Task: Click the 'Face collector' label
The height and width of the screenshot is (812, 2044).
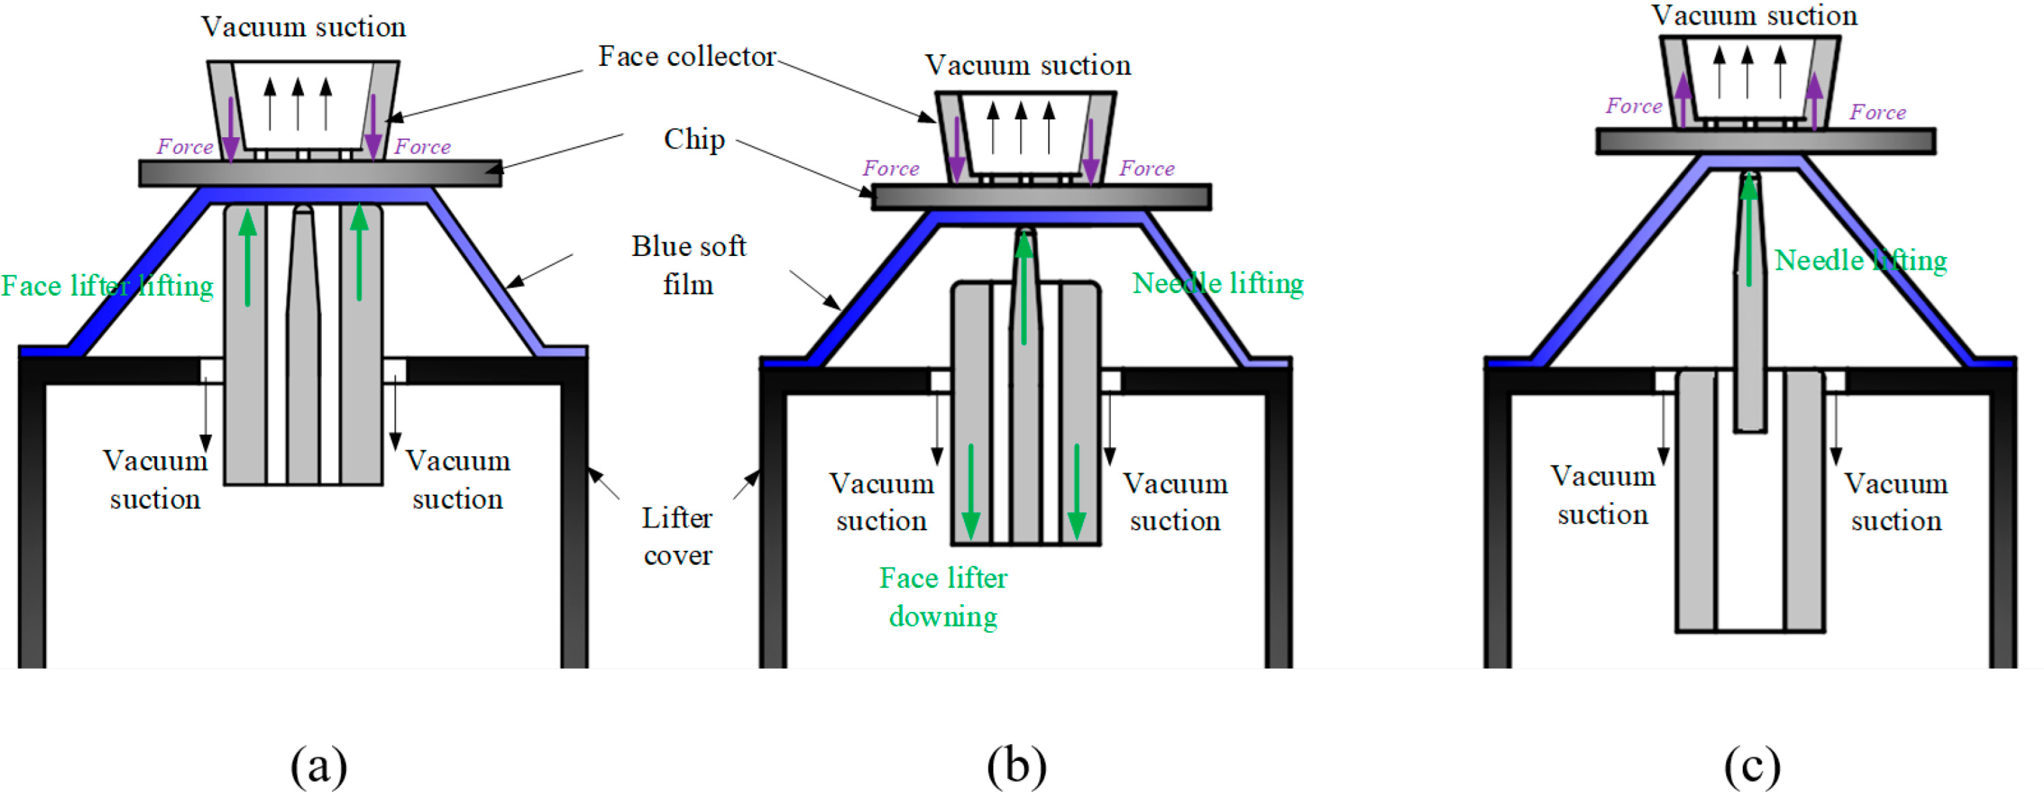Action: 686,56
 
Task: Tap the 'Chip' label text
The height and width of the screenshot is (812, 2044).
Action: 695,139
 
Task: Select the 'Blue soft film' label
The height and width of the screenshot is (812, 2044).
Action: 689,265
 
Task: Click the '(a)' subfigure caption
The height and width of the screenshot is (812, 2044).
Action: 318,767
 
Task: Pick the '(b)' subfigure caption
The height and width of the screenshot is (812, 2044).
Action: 1016,767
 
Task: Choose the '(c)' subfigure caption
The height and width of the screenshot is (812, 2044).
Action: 1752,767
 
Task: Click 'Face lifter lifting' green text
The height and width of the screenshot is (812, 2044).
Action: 107,286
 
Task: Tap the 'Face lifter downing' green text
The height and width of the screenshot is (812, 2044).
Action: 943,597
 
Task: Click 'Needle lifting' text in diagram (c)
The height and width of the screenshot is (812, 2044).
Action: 1860,261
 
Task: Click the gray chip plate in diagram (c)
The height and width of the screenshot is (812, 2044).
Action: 1765,141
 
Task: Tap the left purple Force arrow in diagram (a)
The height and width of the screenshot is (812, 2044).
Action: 230,127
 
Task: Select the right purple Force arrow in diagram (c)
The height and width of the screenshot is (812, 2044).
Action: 1814,100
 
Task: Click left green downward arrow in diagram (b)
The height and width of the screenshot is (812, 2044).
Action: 970,492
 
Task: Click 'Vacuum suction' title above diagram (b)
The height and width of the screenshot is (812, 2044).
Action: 1028,65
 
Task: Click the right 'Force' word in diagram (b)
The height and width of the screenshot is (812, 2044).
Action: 1146,168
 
